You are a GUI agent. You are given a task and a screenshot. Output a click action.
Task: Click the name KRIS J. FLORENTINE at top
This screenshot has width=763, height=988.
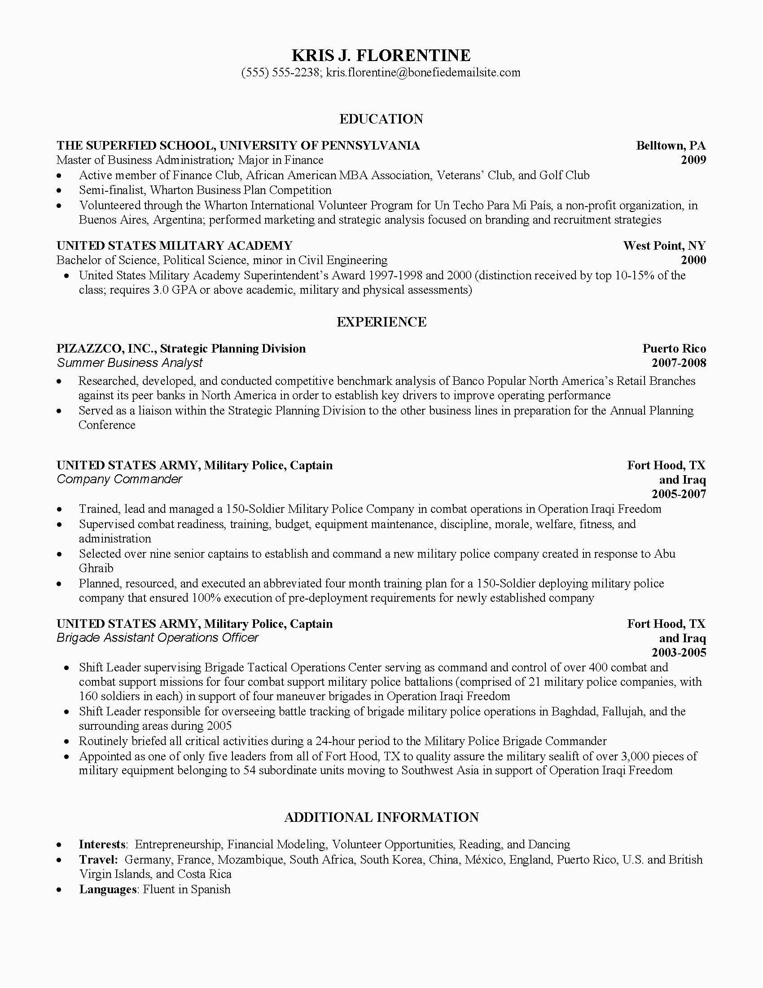pos(381,55)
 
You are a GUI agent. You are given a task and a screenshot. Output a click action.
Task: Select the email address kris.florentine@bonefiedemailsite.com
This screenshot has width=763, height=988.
pos(423,72)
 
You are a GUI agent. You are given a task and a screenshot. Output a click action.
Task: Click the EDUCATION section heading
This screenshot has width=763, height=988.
pos(381,119)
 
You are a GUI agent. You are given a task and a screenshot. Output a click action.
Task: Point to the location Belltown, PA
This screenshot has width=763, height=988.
pos(671,145)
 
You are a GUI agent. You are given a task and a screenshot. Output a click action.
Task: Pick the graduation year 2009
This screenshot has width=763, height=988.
pos(693,160)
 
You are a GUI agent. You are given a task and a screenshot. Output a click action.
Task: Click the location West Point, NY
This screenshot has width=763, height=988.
pos(664,246)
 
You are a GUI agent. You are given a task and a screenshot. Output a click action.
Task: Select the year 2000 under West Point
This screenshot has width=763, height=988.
pos(693,260)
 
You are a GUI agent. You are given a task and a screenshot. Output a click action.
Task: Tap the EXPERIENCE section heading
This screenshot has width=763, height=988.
pos(381,322)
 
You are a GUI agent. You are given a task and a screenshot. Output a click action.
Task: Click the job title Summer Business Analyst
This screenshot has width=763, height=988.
pos(130,363)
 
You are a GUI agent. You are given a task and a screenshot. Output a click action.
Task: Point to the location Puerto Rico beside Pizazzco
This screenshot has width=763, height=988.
pos(674,348)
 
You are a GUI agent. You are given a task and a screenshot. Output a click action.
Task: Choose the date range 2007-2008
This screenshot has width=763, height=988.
pos(679,363)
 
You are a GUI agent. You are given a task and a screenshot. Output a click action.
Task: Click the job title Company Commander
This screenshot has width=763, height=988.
pos(119,479)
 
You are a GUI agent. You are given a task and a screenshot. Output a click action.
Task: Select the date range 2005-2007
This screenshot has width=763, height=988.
pos(679,494)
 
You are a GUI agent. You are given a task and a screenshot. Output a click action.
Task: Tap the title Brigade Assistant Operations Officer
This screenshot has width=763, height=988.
pos(157,637)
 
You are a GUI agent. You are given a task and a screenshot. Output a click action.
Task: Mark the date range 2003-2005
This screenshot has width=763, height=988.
pos(679,653)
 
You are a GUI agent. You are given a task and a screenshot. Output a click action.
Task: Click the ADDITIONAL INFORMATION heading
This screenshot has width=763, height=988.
pos(381,817)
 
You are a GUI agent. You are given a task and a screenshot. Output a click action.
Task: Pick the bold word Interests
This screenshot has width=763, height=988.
pos(102,845)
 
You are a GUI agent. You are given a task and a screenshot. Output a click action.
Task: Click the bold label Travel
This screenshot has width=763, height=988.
pos(98,860)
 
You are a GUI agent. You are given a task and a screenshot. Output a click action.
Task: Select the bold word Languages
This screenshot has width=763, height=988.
pos(108,889)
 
